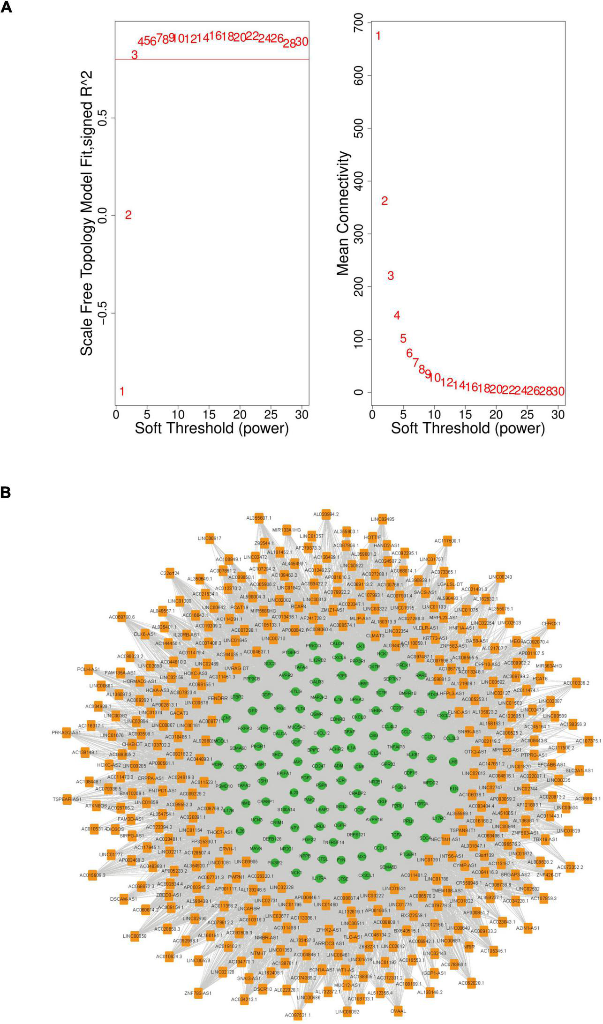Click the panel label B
7,493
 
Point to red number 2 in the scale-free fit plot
128,215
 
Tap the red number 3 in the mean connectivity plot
391,276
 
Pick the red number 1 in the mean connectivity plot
378,36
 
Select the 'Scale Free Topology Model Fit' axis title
87,213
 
